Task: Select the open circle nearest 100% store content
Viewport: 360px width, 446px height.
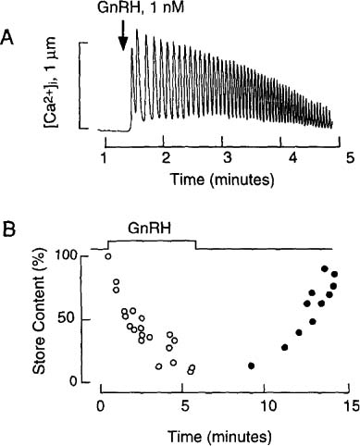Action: [108, 256]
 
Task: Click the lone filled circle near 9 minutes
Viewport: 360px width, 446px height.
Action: [252, 365]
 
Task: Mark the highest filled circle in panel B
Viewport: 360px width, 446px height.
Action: [325, 269]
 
